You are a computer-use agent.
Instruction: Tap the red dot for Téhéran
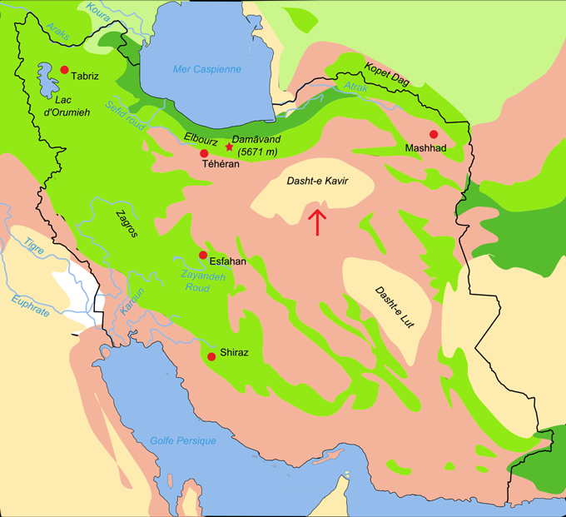click(204, 153)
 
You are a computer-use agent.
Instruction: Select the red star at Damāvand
click(230, 147)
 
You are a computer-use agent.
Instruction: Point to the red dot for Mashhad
click(433, 134)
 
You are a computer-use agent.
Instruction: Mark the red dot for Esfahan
click(202, 255)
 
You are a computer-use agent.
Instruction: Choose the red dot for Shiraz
click(211, 356)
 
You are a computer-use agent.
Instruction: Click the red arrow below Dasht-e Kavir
click(316, 221)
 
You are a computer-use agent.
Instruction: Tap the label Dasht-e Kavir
click(315, 181)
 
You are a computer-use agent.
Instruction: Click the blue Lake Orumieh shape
click(46, 80)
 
